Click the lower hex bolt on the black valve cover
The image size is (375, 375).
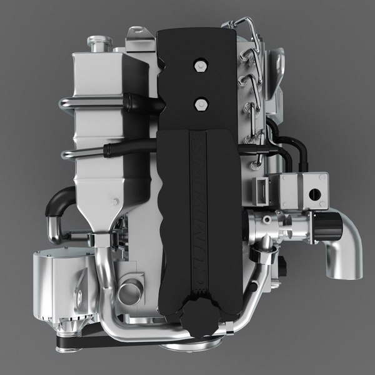(x=200, y=103)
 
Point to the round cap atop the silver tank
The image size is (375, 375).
(x=97, y=44)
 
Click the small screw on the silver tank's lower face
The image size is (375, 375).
(x=115, y=201)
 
